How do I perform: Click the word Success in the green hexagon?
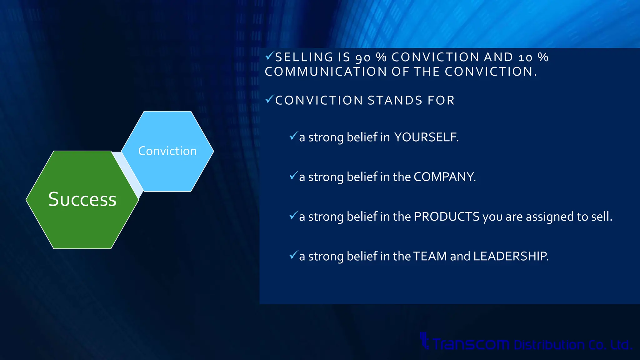coord(82,199)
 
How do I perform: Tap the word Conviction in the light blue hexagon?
coord(167,151)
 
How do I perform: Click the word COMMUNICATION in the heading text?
coord(326,72)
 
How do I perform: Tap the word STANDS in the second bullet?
coord(395,101)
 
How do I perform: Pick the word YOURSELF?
coord(426,137)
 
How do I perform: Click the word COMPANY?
coord(444,177)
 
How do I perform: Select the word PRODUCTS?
coord(447,217)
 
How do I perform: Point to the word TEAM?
coord(430,256)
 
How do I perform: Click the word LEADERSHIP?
coord(510,256)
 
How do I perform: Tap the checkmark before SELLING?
coord(269,56)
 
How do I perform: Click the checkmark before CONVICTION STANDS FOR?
coord(269,99)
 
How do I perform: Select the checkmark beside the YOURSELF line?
coord(293,136)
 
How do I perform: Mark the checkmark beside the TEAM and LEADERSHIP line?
coord(293,255)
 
